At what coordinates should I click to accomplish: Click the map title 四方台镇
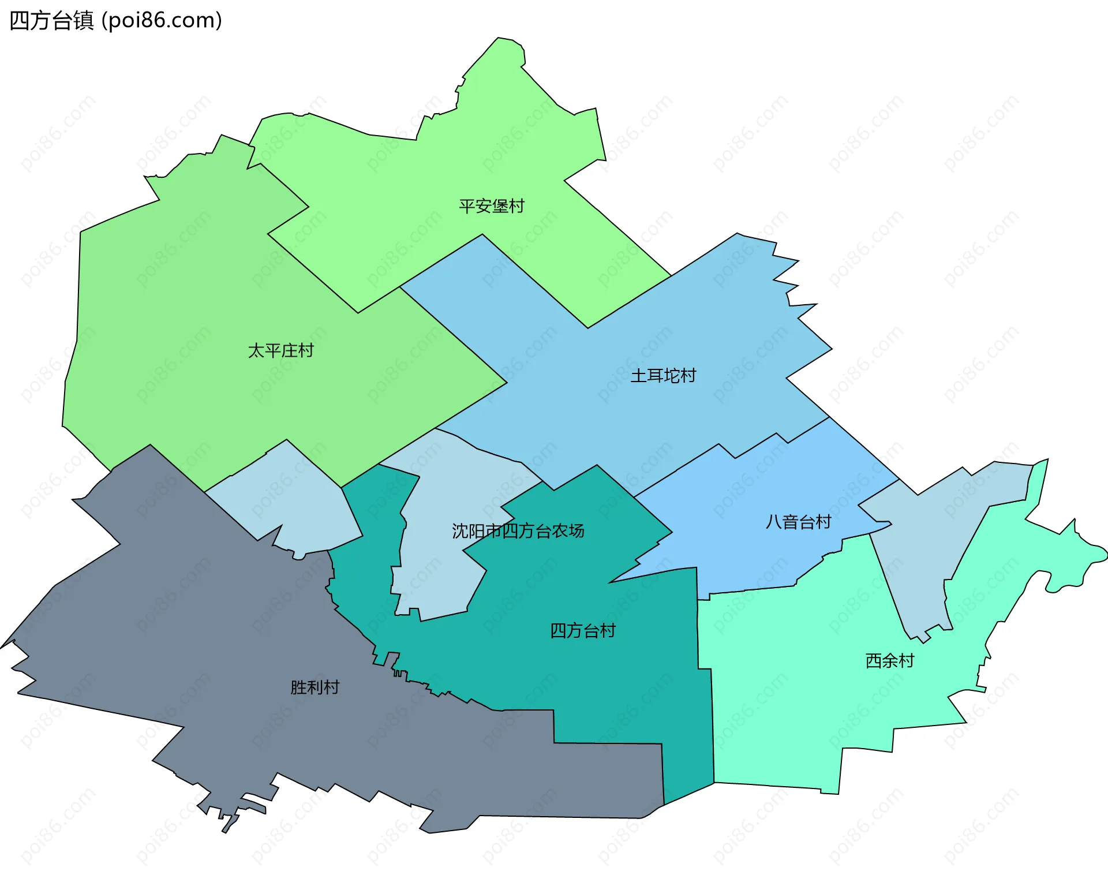[52, 21]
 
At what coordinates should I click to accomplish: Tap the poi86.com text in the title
[162, 21]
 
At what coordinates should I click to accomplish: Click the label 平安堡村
[492, 206]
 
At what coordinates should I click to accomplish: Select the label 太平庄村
[280, 350]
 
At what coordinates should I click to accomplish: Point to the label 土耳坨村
[663, 376]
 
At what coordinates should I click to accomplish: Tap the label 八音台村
[798, 522]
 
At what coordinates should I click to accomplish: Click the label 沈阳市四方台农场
[518, 531]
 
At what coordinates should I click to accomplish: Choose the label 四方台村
[583, 630]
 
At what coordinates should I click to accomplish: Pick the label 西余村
[890, 660]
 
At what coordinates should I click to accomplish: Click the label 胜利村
[315, 687]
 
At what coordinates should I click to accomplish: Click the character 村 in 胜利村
[331, 687]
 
